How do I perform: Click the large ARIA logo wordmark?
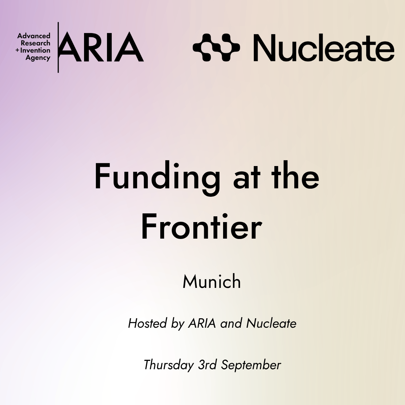pos(101,47)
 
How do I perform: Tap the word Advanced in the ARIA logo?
pos(34,36)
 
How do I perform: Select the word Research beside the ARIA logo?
pos(35,43)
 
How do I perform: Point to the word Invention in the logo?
pos(35,50)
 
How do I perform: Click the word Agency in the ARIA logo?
pos(38,58)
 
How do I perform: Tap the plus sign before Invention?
pos(18,50)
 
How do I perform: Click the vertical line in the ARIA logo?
pos(58,47)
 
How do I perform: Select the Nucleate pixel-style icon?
pos(216,48)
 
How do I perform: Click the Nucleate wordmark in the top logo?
pos(324,48)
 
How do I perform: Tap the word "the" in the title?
pos(295,175)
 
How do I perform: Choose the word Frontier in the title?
pos(202,226)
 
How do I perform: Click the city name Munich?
pos(212,282)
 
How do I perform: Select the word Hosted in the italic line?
pos(147,323)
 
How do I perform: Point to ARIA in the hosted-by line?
pos(202,323)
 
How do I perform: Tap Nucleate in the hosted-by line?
pos(271,323)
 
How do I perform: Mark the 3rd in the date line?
pos(207,365)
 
